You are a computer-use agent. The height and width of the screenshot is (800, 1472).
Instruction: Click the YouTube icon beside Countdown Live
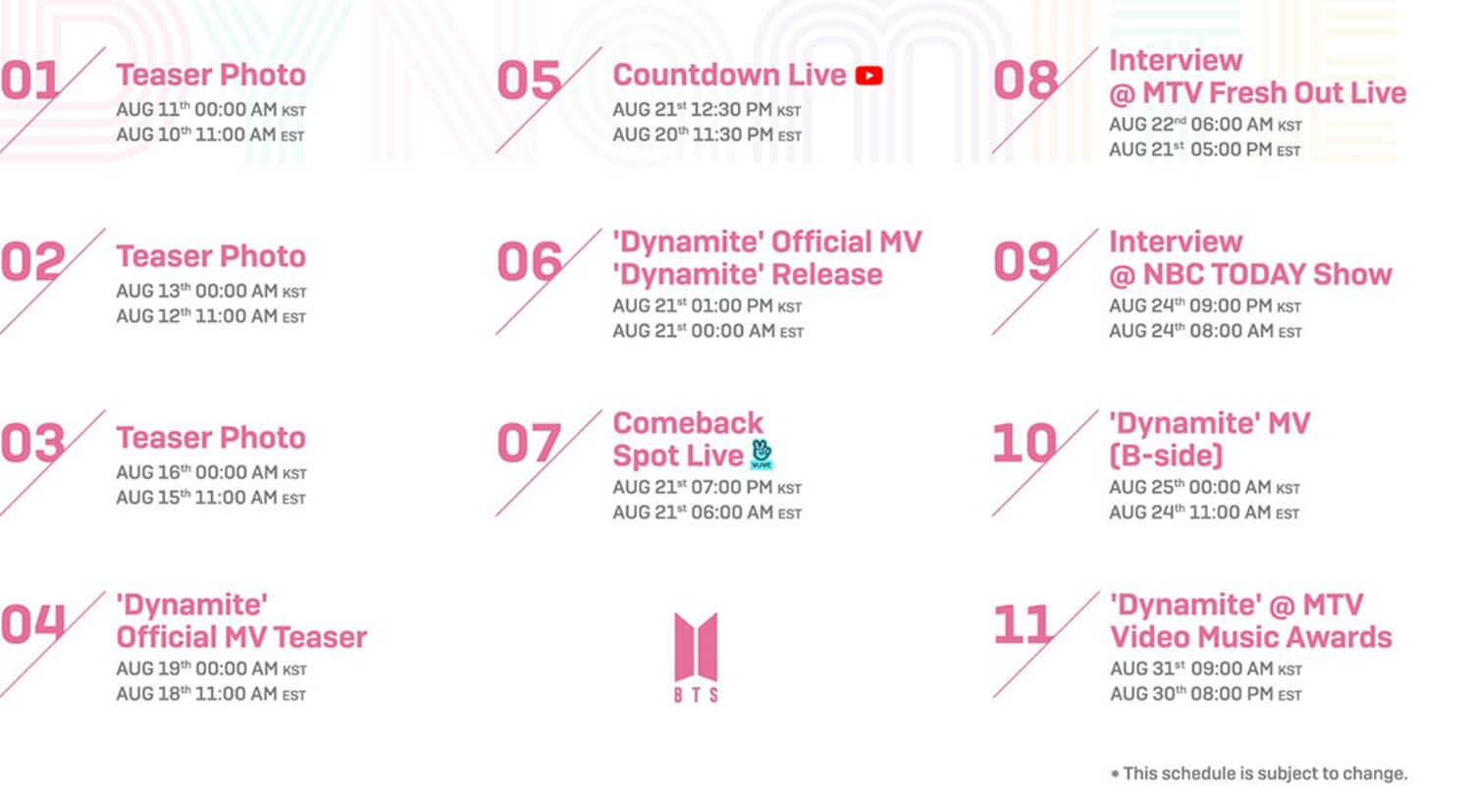tap(868, 76)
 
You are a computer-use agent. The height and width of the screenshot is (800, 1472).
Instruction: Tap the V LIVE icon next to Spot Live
tap(762, 453)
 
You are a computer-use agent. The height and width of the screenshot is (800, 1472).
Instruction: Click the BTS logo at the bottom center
tap(696, 657)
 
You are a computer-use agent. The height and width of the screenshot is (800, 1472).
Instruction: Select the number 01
tap(30, 80)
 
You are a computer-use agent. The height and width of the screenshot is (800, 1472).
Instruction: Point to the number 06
tap(529, 262)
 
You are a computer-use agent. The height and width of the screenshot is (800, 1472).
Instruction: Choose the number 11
tap(1024, 625)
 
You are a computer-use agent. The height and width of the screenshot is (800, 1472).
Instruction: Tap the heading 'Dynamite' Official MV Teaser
tap(240, 621)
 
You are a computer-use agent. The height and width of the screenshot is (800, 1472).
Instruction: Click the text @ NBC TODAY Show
tap(1250, 275)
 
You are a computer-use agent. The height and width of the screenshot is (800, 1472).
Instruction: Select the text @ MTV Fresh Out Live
tap(1257, 93)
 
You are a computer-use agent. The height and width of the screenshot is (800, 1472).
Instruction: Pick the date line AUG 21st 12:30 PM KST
tap(707, 110)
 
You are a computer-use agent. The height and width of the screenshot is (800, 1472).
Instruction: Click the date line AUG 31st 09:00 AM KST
tap(1205, 669)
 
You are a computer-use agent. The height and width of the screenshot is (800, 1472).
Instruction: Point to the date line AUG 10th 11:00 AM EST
tap(210, 135)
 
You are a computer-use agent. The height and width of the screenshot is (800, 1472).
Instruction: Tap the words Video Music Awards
tap(1250, 637)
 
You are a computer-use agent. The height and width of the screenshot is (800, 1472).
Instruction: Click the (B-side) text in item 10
tap(1166, 455)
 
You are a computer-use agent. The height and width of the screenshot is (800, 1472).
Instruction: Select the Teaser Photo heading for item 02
tap(211, 256)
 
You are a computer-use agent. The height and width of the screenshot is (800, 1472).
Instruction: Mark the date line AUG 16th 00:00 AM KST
tap(211, 473)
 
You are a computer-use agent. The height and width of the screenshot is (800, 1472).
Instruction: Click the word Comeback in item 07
tap(687, 423)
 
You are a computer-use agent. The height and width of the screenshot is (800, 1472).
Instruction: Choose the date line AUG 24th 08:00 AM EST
tap(1205, 332)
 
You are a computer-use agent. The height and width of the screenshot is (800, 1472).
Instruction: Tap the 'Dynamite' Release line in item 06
tap(747, 275)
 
